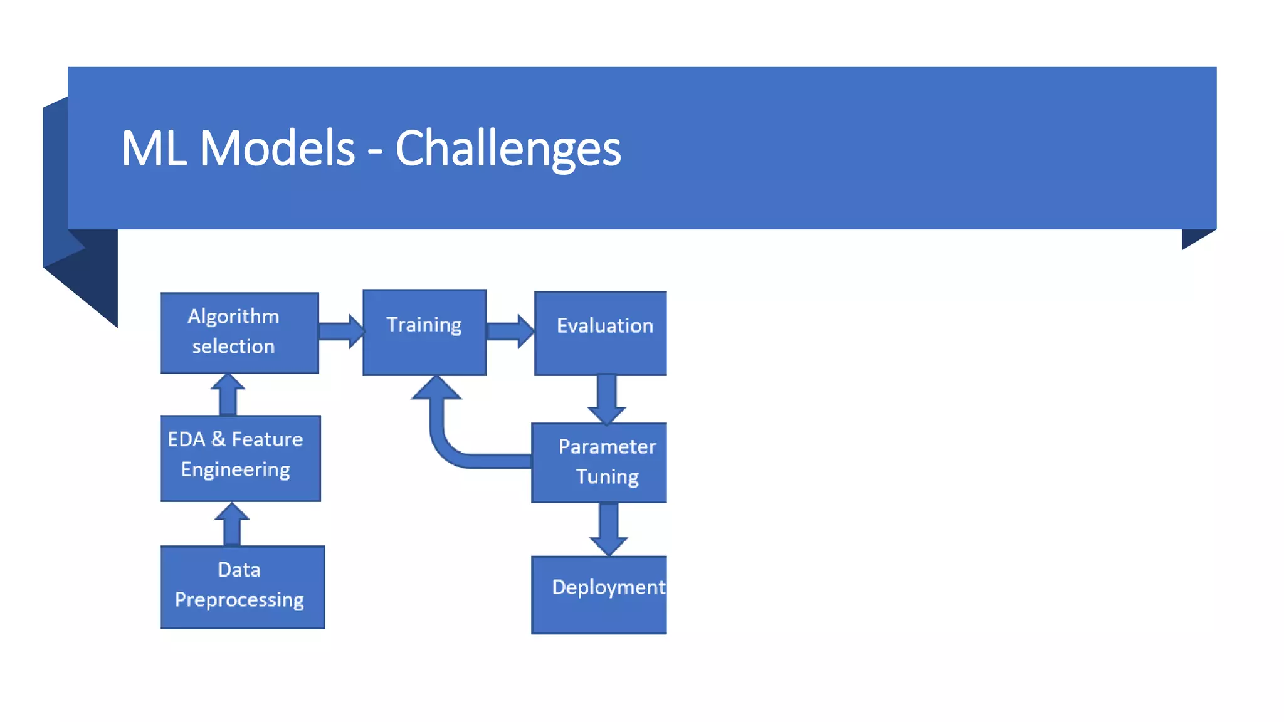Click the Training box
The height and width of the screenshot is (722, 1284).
point(424,333)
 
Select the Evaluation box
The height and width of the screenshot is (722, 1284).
point(601,333)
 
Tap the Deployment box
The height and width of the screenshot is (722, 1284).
point(599,595)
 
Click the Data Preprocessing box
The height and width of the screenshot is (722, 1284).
point(242,587)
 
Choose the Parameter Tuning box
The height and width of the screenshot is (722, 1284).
point(599,463)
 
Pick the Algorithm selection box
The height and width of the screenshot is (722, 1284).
point(239,333)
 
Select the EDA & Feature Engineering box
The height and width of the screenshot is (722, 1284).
point(240,458)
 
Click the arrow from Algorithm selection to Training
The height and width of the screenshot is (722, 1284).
point(340,331)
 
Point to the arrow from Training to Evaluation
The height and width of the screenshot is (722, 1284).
point(510,331)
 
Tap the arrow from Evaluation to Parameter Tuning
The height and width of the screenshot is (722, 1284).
point(606,399)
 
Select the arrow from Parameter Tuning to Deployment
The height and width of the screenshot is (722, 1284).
point(608,528)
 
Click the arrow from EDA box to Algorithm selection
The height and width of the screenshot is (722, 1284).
point(228,395)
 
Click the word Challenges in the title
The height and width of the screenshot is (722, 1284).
point(508,149)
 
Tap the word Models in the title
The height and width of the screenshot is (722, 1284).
point(277,149)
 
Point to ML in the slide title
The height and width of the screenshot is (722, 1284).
point(153,149)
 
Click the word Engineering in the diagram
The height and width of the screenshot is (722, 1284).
point(235,470)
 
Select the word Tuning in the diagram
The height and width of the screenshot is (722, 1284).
point(607,477)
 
